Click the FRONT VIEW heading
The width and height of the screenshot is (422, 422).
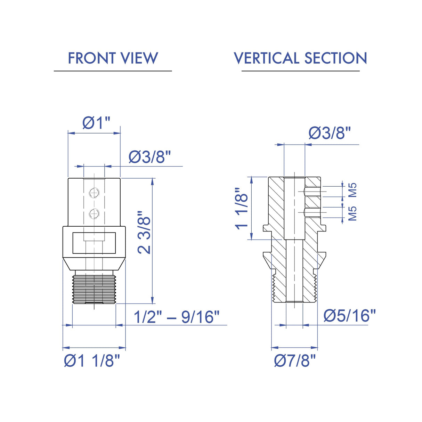(x=113, y=58)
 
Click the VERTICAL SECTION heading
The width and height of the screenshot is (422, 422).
(x=300, y=58)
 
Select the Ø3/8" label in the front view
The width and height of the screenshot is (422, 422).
(x=150, y=157)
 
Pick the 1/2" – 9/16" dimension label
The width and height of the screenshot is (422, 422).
(x=177, y=317)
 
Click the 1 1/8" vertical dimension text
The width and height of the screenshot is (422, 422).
(x=242, y=209)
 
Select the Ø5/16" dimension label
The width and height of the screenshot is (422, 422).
(x=350, y=316)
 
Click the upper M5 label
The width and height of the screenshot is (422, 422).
(x=352, y=190)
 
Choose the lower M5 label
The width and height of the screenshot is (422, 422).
(x=352, y=213)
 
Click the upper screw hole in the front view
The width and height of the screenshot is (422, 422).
(x=94, y=193)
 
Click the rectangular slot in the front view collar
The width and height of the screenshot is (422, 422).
(x=94, y=243)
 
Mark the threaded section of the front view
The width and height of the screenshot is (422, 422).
(x=94, y=289)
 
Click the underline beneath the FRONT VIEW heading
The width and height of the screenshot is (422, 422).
(x=113, y=71)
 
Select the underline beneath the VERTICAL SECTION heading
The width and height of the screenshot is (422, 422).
(x=300, y=71)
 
